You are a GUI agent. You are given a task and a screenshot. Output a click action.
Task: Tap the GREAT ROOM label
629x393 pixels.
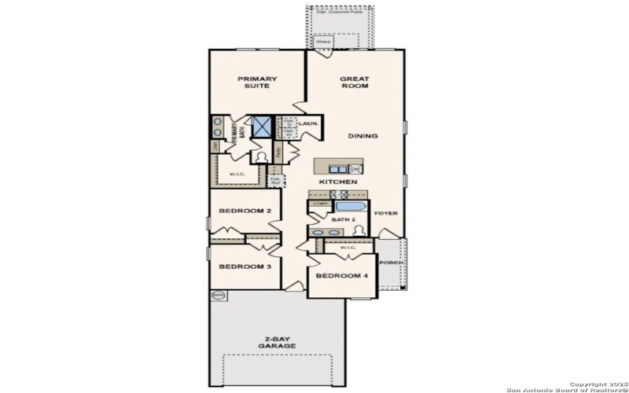[355, 82]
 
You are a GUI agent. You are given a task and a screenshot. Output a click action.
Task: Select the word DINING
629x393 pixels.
[362, 136]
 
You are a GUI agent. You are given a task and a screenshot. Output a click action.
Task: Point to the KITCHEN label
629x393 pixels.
[338, 182]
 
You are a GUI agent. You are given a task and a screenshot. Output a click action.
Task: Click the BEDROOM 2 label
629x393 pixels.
[245, 211]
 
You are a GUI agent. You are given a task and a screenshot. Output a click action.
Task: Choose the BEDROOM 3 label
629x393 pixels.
[245, 266]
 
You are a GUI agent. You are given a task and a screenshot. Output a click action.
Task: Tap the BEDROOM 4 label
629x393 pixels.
[342, 276]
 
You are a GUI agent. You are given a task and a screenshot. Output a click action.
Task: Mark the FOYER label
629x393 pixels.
[385, 213]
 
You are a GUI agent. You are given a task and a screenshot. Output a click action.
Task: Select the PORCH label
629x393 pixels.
[391, 263]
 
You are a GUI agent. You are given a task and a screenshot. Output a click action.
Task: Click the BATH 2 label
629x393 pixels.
[342, 220]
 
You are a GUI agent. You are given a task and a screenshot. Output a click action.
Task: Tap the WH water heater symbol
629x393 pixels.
[218, 296]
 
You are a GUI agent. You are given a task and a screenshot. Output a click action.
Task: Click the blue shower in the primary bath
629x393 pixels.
[261, 127]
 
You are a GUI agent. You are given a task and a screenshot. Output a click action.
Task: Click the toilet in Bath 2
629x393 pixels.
[359, 230]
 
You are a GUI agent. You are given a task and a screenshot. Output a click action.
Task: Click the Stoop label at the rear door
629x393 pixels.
[322, 40]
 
